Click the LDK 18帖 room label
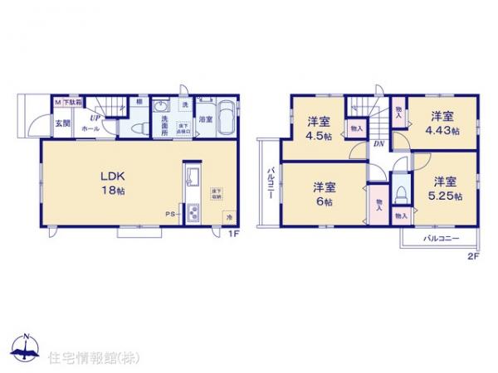[x=113, y=183]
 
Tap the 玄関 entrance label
[x=62, y=124]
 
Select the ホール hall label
[x=91, y=129]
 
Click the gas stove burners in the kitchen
[x=192, y=212]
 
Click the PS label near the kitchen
[x=168, y=213]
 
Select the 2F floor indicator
[x=472, y=256]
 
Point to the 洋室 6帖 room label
[x=324, y=193]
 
